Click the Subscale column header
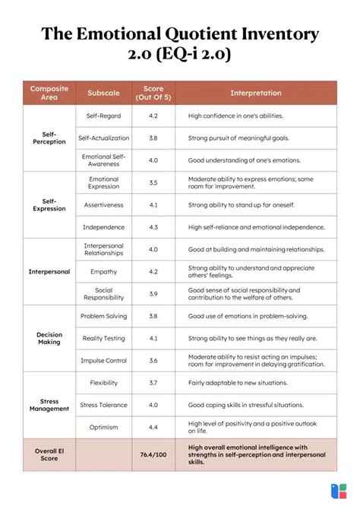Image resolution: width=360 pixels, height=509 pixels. [x=103, y=93]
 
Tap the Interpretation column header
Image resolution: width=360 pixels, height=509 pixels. [x=255, y=93]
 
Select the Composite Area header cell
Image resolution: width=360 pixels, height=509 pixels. [x=49, y=93]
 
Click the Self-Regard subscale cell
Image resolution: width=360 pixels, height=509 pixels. [x=103, y=115]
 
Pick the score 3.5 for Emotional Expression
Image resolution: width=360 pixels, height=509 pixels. [x=153, y=182]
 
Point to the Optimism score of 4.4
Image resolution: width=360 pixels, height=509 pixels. [x=153, y=427]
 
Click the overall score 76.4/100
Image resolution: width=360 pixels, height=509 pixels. [x=153, y=455]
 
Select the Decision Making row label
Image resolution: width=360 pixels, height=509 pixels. [x=49, y=338]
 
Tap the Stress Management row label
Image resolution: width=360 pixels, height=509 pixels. [x=49, y=405]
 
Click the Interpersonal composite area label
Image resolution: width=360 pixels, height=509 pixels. [x=49, y=271]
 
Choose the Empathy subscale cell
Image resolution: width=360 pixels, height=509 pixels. [x=103, y=271]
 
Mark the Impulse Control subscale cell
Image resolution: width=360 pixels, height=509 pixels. [x=103, y=360]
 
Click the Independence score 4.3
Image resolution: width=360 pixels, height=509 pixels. [x=153, y=227]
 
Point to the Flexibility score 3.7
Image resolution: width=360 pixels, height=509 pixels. [x=153, y=383]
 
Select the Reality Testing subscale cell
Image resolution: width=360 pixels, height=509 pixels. [x=103, y=338]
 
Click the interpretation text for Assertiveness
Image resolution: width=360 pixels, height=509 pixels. [x=241, y=205]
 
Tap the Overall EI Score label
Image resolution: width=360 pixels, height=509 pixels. [x=49, y=455]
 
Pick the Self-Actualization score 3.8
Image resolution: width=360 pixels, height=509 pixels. [x=153, y=138]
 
